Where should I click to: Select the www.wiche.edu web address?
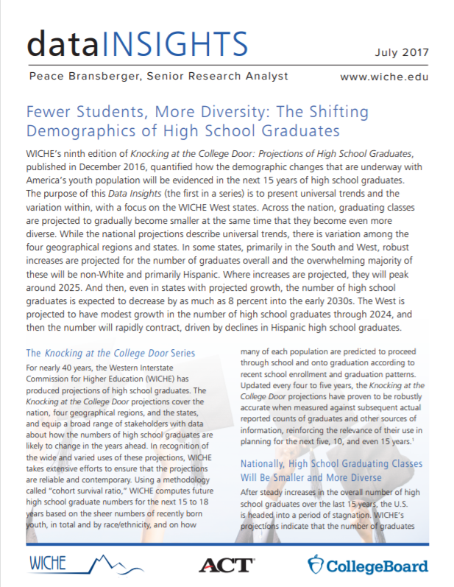(x=384, y=77)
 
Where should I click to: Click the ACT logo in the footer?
(x=226, y=565)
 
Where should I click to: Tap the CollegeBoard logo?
(x=367, y=566)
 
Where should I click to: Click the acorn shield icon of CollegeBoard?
(x=316, y=566)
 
